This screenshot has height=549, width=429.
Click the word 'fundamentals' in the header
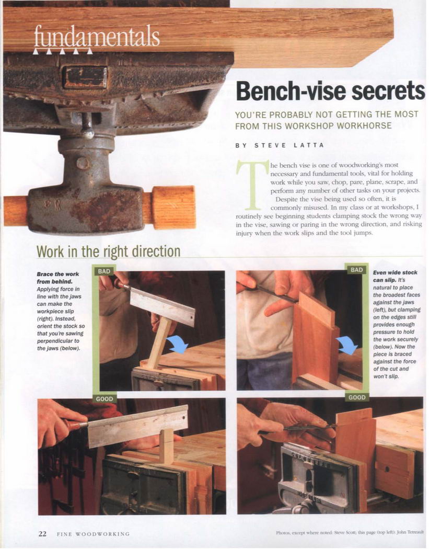point(97,37)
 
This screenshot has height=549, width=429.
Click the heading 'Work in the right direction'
point(109,251)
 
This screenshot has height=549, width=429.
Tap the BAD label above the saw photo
point(104,271)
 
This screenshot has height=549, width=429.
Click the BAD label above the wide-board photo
point(356,270)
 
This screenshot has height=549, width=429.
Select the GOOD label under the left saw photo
point(105,399)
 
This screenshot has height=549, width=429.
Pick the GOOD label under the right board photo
point(357,397)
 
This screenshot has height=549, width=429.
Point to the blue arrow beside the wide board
point(347,345)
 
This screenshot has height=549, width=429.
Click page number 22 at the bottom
point(42,534)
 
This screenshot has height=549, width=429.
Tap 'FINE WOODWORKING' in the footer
point(93,534)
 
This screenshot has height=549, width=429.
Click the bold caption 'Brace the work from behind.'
point(57,278)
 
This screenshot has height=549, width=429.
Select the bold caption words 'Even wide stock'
point(395,272)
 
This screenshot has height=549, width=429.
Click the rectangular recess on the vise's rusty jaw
point(85,77)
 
